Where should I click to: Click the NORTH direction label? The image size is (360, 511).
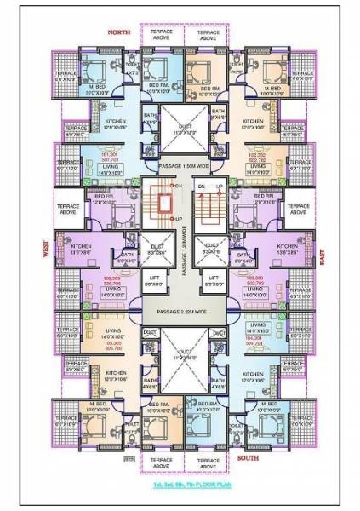pyautogui.click(x=117, y=32)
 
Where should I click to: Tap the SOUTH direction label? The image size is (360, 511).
pyautogui.click(x=249, y=457)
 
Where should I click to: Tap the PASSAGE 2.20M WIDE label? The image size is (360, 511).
pyautogui.click(x=179, y=312)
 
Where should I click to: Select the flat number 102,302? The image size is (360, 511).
pyautogui.click(x=257, y=156)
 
